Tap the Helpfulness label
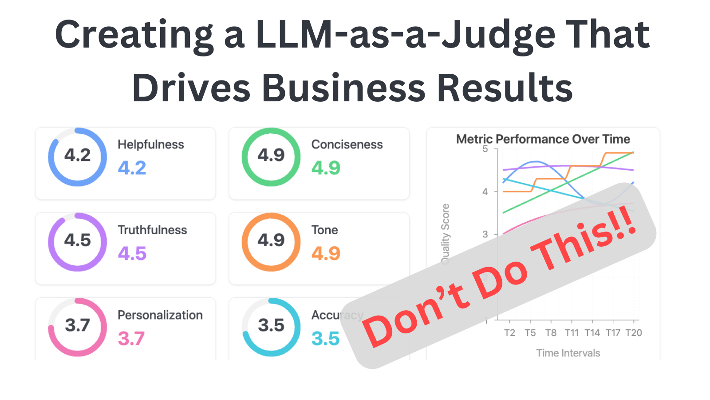click(150, 144)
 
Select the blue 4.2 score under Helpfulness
click(132, 168)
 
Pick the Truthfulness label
click(152, 230)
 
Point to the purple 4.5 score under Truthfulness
click(132, 253)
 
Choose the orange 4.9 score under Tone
click(326, 253)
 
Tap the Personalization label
click(160, 315)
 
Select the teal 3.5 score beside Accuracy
click(325, 339)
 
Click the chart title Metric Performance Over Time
click(543, 139)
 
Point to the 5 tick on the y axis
click(485, 149)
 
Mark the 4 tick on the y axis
click(485, 192)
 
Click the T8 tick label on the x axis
click(551, 333)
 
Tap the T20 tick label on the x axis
click(633, 333)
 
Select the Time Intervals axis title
click(568, 353)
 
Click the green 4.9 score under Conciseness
click(326, 168)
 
